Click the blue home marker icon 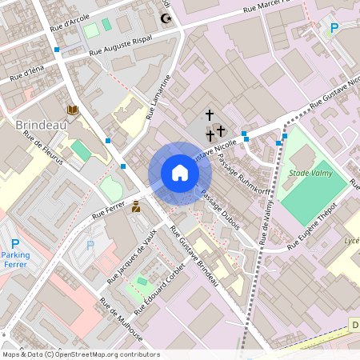pyautogui.click(x=179, y=173)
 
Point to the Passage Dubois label pyautogui.click(x=220, y=210)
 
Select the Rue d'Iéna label pyautogui.click(x=27, y=76)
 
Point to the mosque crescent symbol pyautogui.click(x=166, y=18)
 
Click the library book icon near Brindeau pyautogui.click(x=73, y=110)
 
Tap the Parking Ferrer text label pyautogui.click(x=15, y=259)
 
